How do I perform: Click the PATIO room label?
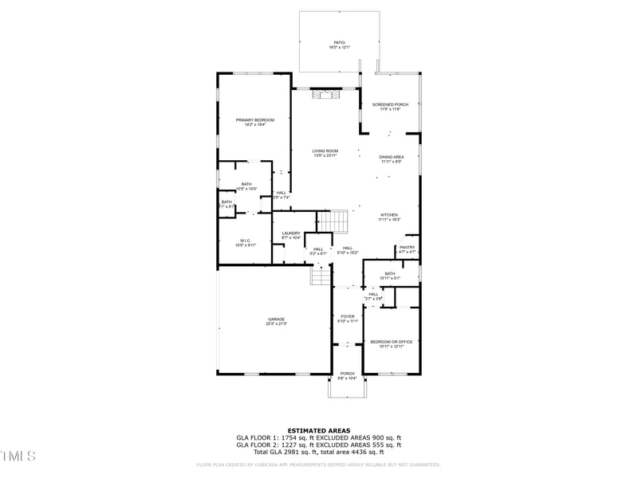coord(339,42)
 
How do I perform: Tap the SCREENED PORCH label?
coord(390,104)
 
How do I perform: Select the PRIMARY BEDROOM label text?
coord(254,119)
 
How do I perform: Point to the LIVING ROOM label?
coord(325,151)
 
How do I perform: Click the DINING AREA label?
coord(391,157)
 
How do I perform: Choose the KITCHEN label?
coord(388,215)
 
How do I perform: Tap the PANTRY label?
coord(408,248)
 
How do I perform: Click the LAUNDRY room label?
coord(290,233)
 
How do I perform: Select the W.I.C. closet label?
coord(245,241)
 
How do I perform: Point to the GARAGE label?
coord(276,319)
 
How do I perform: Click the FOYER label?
coord(348,316)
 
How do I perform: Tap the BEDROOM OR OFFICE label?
coord(391,342)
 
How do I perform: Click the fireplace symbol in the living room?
coord(325,95)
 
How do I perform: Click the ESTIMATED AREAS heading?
coord(318,430)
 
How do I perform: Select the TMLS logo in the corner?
coord(18,456)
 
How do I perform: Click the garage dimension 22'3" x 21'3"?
coord(276,324)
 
